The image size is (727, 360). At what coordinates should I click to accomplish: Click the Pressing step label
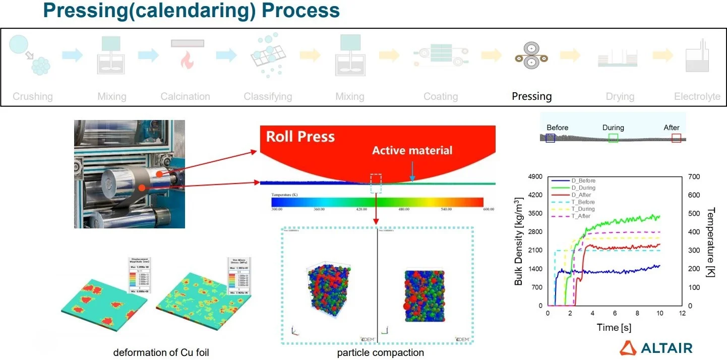click(x=531, y=96)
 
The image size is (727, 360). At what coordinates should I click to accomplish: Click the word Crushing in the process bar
click(x=33, y=96)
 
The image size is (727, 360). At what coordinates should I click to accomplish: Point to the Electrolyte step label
click(x=697, y=96)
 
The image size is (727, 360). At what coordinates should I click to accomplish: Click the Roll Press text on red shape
click(x=300, y=137)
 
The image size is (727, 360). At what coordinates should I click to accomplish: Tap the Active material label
click(x=412, y=150)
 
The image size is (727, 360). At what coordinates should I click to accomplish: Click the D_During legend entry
click(x=583, y=188)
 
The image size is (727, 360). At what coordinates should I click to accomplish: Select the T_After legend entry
click(x=581, y=216)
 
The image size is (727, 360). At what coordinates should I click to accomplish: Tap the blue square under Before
click(x=550, y=138)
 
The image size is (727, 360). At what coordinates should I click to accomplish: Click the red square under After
click(x=676, y=138)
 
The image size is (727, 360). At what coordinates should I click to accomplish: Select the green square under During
click(x=613, y=138)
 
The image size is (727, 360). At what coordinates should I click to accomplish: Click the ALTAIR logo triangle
click(x=628, y=347)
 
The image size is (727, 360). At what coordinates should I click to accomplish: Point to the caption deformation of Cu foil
click(x=161, y=352)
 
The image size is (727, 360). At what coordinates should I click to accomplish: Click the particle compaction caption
click(x=381, y=352)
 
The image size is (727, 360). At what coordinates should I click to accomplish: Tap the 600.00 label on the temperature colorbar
click(x=488, y=209)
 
